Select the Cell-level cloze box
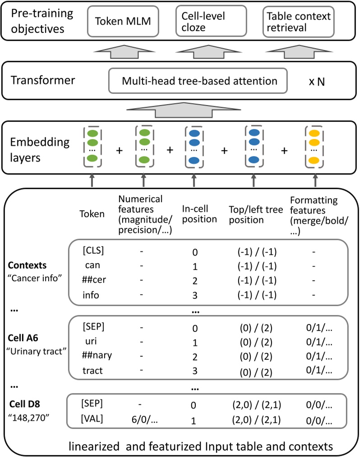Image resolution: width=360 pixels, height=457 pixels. coord(210,21)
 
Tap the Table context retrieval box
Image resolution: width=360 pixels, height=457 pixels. coord(298,22)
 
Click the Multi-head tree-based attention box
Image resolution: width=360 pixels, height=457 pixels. coord(198,81)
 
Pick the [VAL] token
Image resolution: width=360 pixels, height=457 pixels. coord(93,420)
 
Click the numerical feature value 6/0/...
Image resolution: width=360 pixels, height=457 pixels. coord(143,420)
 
